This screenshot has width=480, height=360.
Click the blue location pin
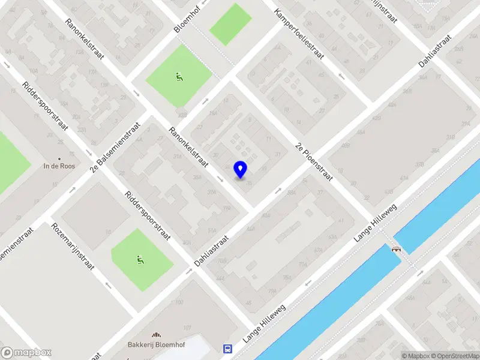point(240,169)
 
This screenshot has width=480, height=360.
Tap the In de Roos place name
point(59,166)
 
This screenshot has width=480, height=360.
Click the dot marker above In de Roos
point(59,158)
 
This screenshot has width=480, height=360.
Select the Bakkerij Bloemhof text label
point(155,345)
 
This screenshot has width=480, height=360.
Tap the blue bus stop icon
point(227,349)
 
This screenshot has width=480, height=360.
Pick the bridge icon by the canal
point(396,248)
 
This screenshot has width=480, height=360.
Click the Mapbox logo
point(26,353)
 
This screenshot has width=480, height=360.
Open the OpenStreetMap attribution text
point(454,356)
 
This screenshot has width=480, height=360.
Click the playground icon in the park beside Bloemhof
point(179,77)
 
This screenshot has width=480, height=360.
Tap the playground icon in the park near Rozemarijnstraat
point(140,260)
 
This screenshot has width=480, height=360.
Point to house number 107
point(187,327)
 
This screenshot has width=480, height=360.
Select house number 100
point(179,302)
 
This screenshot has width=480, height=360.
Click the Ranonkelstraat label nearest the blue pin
point(188,148)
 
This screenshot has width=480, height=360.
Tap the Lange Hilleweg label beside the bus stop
point(264,323)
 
